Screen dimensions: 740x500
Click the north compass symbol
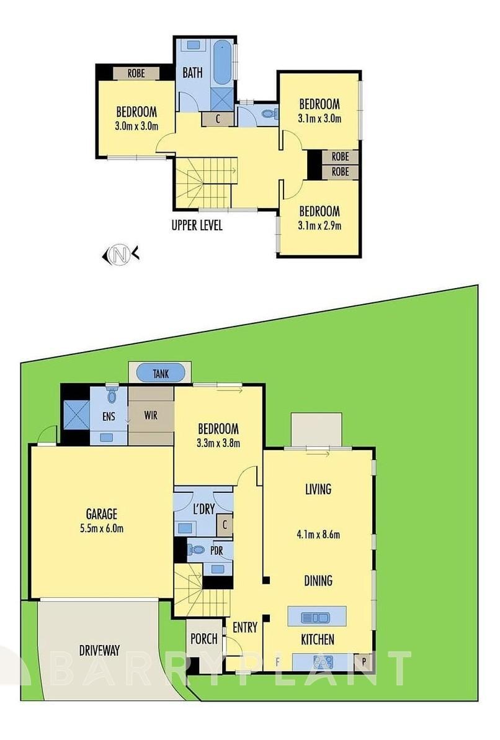120,254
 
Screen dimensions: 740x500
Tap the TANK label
161,374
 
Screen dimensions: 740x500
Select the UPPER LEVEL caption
197,225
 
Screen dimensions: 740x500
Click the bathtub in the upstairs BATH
222,63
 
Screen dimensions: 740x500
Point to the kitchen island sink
316,617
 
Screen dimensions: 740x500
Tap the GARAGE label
102,514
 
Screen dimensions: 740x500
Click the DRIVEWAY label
99,651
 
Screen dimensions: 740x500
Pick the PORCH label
204,638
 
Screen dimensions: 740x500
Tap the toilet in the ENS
112,395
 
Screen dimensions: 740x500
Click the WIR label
150,414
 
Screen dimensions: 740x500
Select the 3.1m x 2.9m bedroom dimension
319,226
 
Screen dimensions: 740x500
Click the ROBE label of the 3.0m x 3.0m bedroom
136,73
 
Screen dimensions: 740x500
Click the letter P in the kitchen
364,662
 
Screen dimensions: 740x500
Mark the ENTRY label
244,627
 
